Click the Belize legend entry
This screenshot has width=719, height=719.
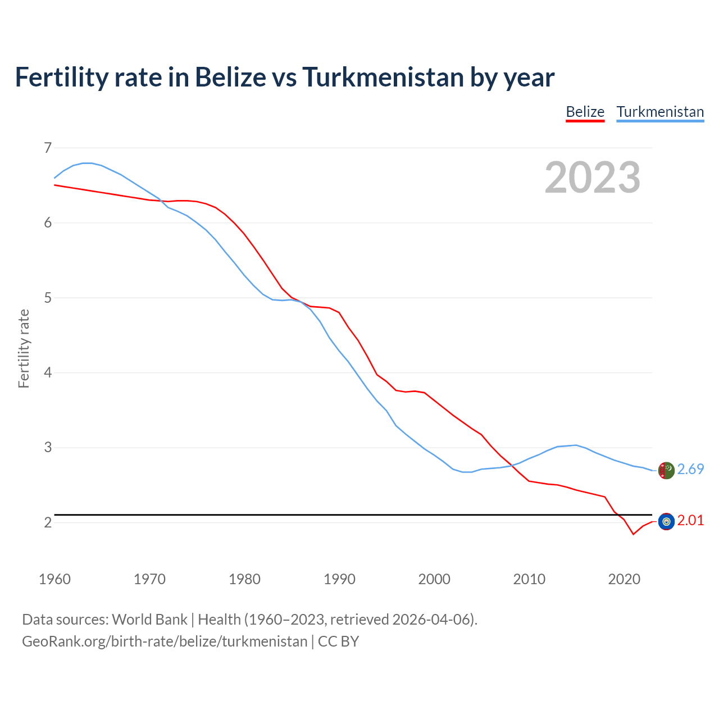pos(585,112)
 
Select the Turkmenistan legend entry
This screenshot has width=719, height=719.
pos(660,112)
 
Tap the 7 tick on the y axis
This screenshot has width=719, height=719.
pos(47,148)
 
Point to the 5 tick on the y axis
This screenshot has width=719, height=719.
pos(47,298)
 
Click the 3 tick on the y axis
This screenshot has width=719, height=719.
pos(47,448)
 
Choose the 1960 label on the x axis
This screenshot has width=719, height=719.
pos(54,579)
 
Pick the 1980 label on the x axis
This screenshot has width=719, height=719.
pos(244,579)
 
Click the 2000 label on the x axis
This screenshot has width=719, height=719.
pos(434,579)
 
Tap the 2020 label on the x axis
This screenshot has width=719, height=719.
pos(624,579)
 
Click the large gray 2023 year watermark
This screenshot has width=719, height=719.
pos(592,178)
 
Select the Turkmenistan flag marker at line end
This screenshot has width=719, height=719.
pos(666,470)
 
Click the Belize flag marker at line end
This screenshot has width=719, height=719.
pos(666,521)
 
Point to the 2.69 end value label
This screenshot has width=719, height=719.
pos(690,469)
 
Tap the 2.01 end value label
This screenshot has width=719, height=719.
pos(690,520)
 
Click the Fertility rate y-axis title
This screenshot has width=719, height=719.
pos(24,348)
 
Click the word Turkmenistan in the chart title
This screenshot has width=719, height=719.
pos(383,77)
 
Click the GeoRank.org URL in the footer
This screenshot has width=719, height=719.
pos(165,641)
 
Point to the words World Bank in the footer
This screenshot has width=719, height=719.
pos(149,619)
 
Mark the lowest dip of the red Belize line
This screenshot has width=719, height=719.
pos(633,534)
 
